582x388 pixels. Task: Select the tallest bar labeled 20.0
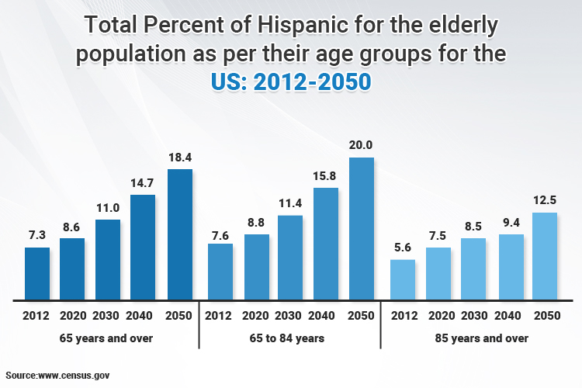[x=362, y=229]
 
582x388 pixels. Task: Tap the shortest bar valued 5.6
[x=403, y=279]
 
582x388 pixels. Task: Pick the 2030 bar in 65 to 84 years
[x=290, y=258]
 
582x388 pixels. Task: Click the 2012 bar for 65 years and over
[x=37, y=274]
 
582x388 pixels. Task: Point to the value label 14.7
[x=143, y=182]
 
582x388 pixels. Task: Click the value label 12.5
[x=545, y=201]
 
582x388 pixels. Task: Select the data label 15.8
[x=325, y=176]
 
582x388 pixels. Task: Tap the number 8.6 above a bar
[x=72, y=227]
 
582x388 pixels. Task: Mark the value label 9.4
[x=509, y=222]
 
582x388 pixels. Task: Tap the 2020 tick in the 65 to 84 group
[x=257, y=316]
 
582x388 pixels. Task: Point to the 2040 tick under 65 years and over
[x=143, y=316]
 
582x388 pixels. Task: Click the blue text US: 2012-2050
[x=291, y=82]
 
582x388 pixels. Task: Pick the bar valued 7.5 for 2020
[x=438, y=274]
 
